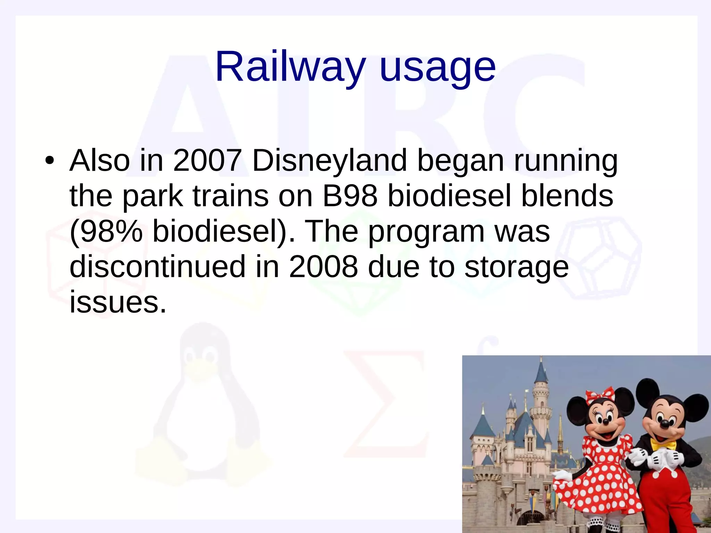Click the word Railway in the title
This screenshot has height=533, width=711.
pos(290,67)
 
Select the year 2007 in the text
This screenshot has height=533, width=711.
pos(207,160)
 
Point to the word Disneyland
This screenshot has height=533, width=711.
pos(329,160)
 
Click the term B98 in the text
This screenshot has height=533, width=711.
pos(350,196)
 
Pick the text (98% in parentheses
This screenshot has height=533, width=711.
pos(106,231)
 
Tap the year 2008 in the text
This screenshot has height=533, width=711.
pos(323,266)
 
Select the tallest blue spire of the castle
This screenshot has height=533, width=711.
pos(541,373)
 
